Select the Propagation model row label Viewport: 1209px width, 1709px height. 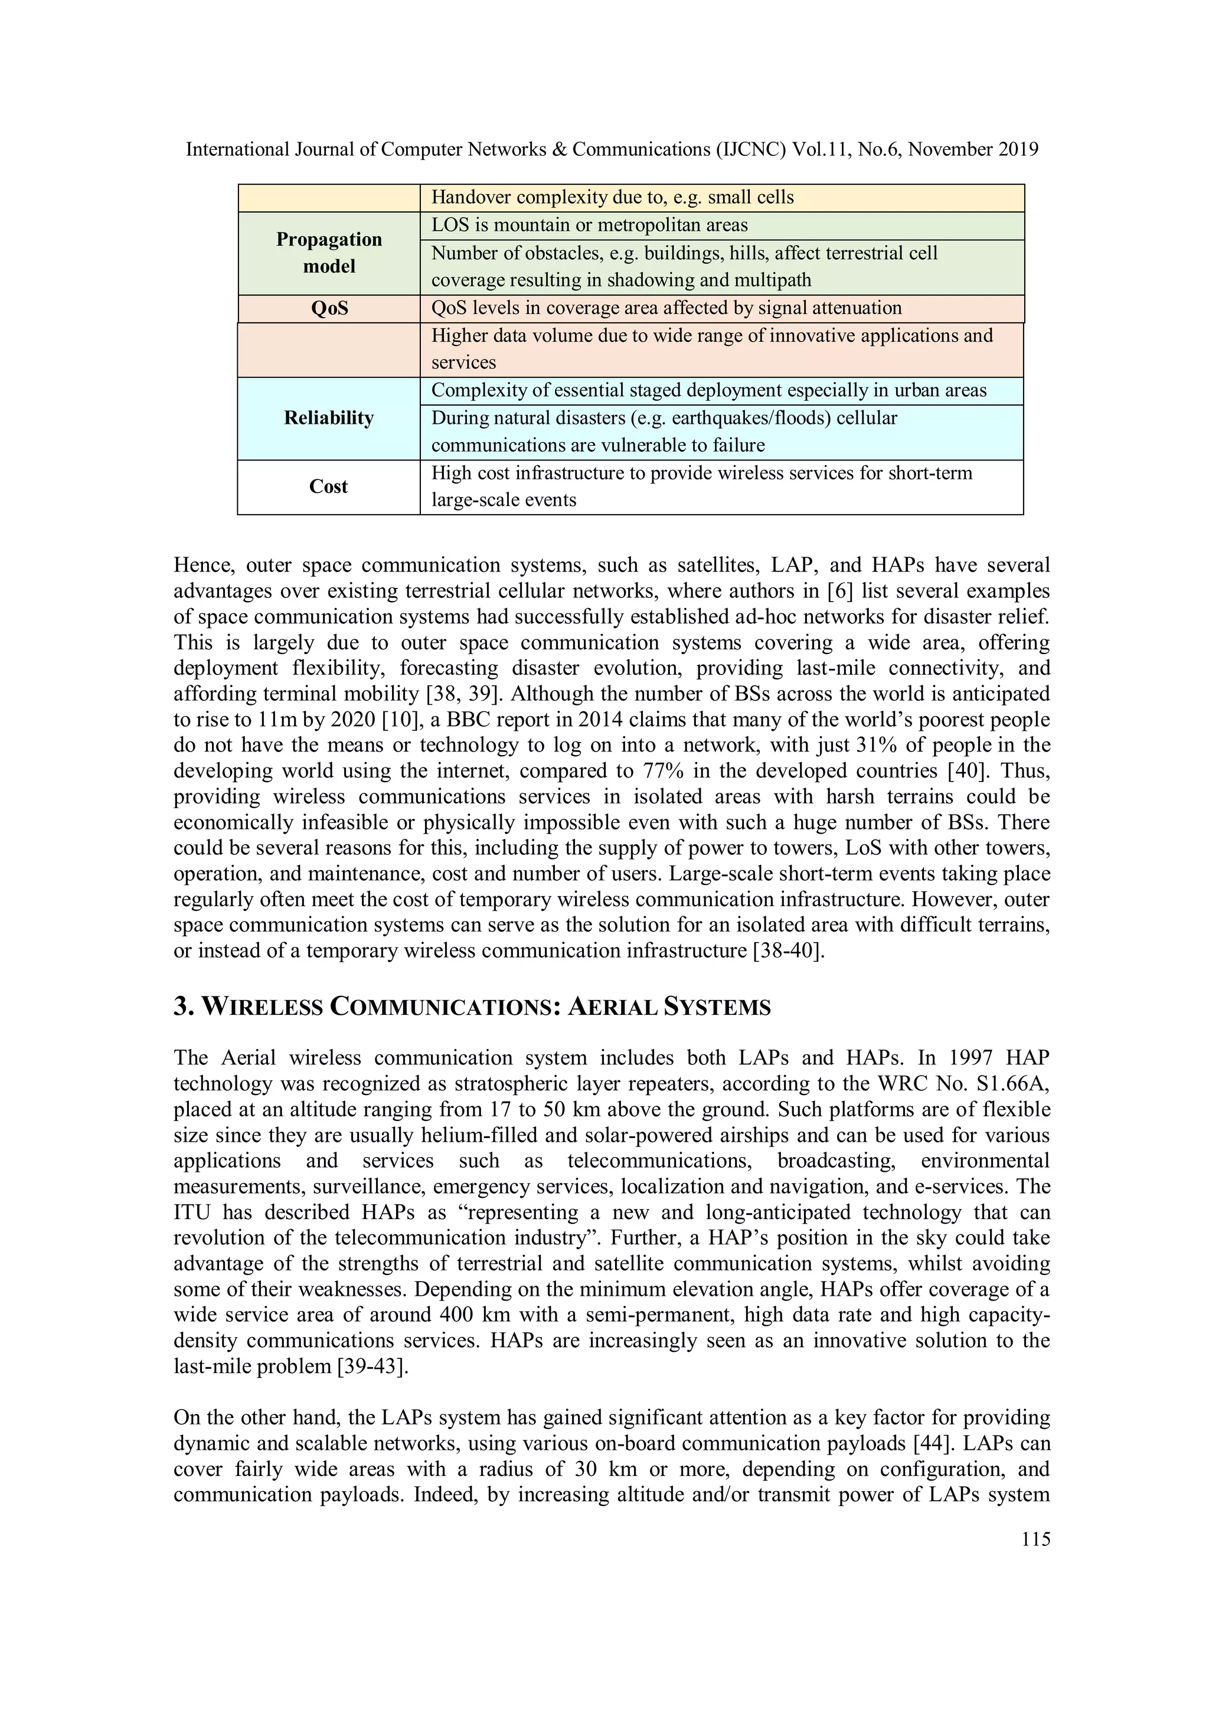coord(329,253)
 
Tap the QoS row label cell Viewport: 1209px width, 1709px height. coord(329,308)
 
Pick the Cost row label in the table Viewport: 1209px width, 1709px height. coord(328,487)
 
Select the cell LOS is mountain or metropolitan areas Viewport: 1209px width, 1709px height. coord(590,226)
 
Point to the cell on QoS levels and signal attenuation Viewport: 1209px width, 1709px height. coord(666,308)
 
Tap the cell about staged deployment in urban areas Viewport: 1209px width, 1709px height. coord(709,391)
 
